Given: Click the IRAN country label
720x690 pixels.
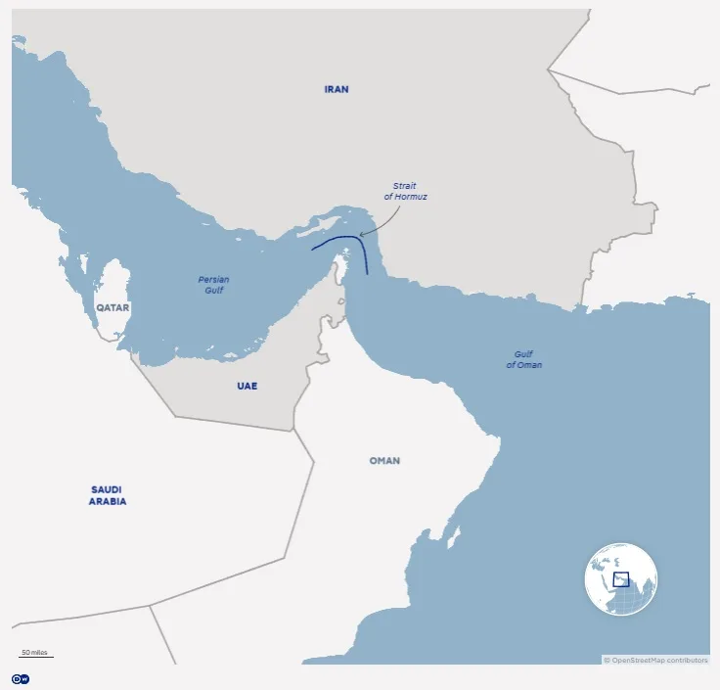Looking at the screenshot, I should [x=337, y=89].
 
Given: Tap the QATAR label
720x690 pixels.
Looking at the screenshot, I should [x=112, y=307].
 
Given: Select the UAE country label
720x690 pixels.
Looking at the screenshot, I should [x=247, y=386].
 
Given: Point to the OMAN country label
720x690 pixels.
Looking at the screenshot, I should [x=384, y=460].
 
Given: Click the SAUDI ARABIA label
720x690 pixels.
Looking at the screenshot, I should [x=109, y=495].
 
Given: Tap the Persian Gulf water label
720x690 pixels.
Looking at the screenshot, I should [x=213, y=284].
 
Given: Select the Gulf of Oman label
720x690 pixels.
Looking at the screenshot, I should [x=523, y=359].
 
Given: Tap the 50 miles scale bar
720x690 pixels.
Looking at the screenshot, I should [x=35, y=654].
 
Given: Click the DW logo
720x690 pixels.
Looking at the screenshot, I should [x=20, y=678].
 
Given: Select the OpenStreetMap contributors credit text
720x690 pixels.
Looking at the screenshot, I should [x=655, y=660].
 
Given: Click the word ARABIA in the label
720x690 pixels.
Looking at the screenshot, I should [x=109, y=501].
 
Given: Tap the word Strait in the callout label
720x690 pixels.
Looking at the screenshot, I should [x=405, y=185].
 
